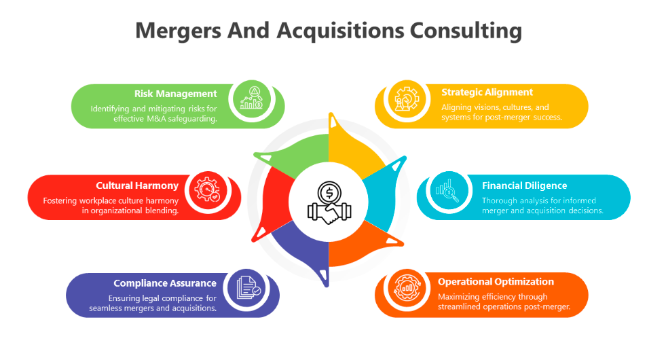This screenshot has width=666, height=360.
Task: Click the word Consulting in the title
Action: coord(466,31)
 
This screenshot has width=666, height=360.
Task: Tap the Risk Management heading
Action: coord(175,94)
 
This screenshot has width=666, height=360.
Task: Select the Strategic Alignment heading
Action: coord(487,92)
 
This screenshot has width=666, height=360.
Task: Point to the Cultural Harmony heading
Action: coord(136,185)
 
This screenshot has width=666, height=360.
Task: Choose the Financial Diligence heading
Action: coord(524,185)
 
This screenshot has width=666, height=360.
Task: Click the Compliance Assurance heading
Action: coord(165,283)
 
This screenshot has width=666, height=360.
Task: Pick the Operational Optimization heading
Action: coord(496,282)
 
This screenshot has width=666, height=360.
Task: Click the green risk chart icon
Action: coord(252,98)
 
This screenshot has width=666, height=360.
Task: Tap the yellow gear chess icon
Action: coord(407,98)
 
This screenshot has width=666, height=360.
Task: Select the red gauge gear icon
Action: coord(208,190)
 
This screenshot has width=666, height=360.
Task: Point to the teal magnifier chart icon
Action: coord(447,190)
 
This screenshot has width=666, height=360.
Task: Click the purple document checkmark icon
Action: coord(248,287)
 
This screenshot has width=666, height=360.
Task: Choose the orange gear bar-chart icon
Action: coord(407,287)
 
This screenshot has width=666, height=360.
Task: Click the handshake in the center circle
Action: coord(329,213)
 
